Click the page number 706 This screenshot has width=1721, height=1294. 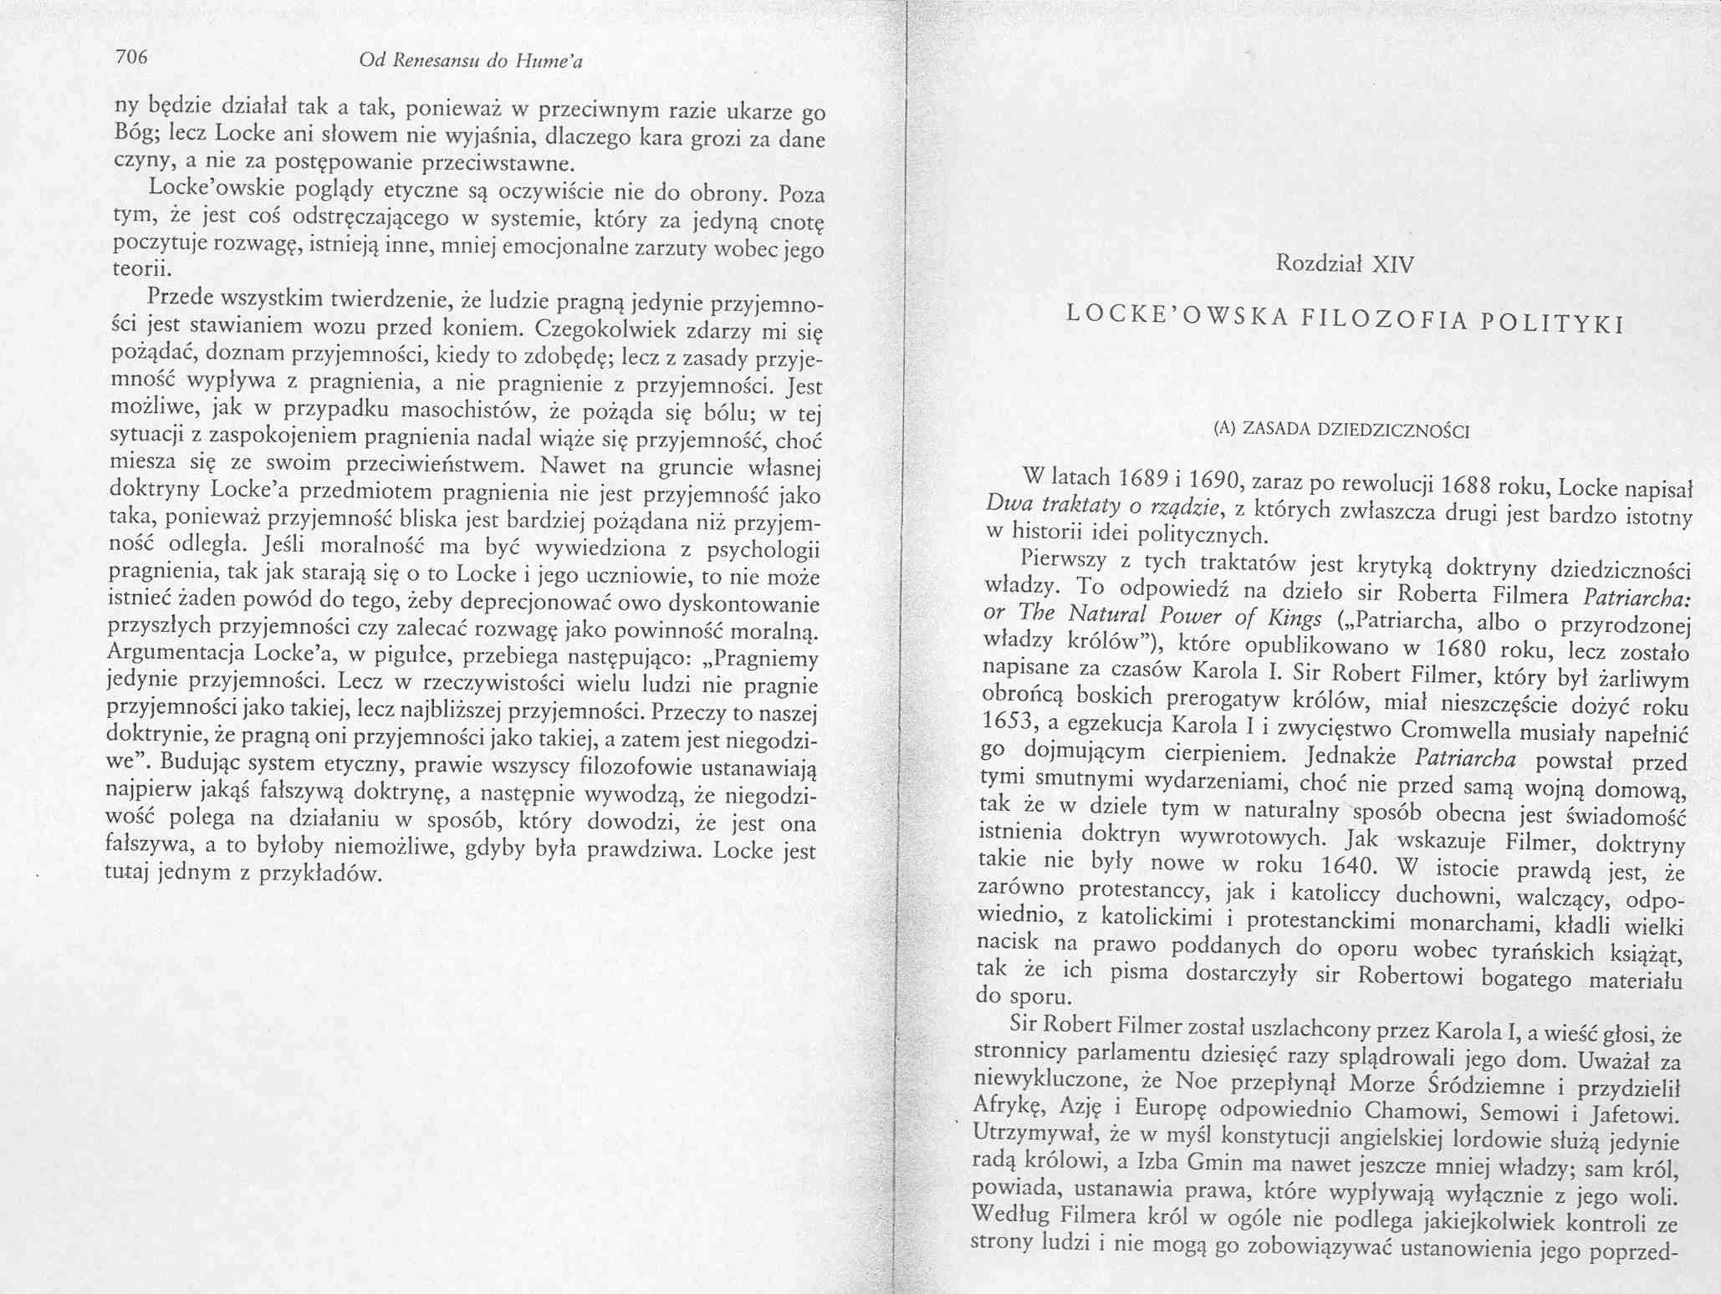[x=131, y=57]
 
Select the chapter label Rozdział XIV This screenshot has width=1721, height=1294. [x=1345, y=265]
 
